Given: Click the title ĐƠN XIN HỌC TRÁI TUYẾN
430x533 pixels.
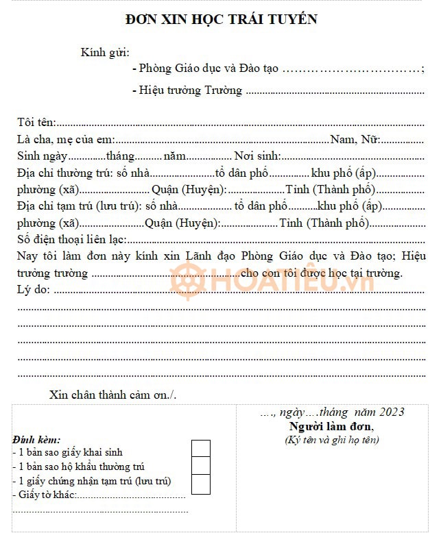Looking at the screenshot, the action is pos(222,19).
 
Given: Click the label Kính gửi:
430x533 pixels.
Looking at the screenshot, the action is pos(105,52).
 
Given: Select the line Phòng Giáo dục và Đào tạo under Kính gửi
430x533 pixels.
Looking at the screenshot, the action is pos(208,69).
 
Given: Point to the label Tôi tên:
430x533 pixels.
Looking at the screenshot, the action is pos(36,122).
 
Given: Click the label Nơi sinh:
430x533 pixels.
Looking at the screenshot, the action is pos(258,156).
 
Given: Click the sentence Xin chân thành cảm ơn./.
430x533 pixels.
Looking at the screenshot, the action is pos(113,395).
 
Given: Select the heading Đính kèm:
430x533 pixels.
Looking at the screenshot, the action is pos(36,439).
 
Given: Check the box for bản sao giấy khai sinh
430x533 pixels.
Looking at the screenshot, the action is pos(200,449).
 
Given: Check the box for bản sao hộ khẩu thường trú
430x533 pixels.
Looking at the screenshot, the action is pos(200,466).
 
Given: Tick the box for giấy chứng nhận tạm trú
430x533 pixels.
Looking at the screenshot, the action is pos(200,484).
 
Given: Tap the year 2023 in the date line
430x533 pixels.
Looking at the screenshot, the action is pos(390,412).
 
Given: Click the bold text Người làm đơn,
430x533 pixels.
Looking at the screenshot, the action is pos(331,426).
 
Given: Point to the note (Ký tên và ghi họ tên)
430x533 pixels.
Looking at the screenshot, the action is pos(332,440).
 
